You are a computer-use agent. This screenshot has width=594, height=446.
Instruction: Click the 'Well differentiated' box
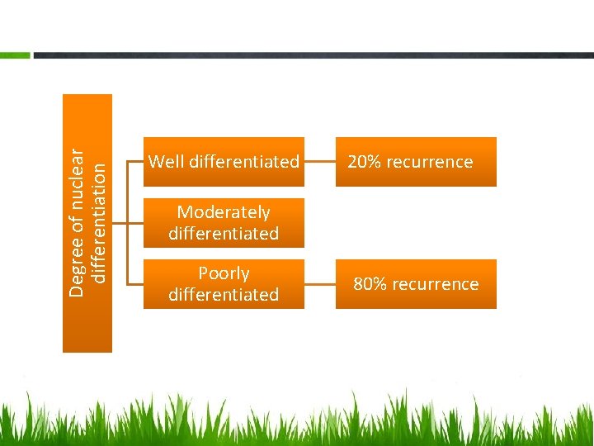pos(224,162)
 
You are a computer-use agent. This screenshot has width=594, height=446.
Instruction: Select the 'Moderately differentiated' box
pos(224,223)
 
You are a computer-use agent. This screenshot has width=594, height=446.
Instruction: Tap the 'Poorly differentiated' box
pos(224,284)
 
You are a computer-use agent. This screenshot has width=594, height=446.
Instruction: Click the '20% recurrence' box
pos(416,162)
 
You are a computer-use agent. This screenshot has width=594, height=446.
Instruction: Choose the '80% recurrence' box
pos(416,284)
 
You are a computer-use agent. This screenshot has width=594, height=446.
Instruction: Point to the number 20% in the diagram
pos(364,162)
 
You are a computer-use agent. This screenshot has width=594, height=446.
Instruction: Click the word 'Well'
pos(167,162)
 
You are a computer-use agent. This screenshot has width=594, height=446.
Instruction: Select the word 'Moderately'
pos(224,212)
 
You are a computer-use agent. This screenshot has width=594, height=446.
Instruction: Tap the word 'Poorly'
pos(224,273)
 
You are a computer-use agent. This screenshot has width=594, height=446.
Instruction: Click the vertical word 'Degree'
pos(77,269)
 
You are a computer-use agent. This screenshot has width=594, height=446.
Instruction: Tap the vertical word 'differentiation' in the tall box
pos(98,223)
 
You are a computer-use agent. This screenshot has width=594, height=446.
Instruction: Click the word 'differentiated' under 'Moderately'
pos(224,234)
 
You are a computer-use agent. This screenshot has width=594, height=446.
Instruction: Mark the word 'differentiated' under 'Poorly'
pos(224,295)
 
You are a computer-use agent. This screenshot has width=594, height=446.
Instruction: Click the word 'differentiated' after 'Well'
pos(244,162)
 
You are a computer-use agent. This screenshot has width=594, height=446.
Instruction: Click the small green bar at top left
pos(15,55)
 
